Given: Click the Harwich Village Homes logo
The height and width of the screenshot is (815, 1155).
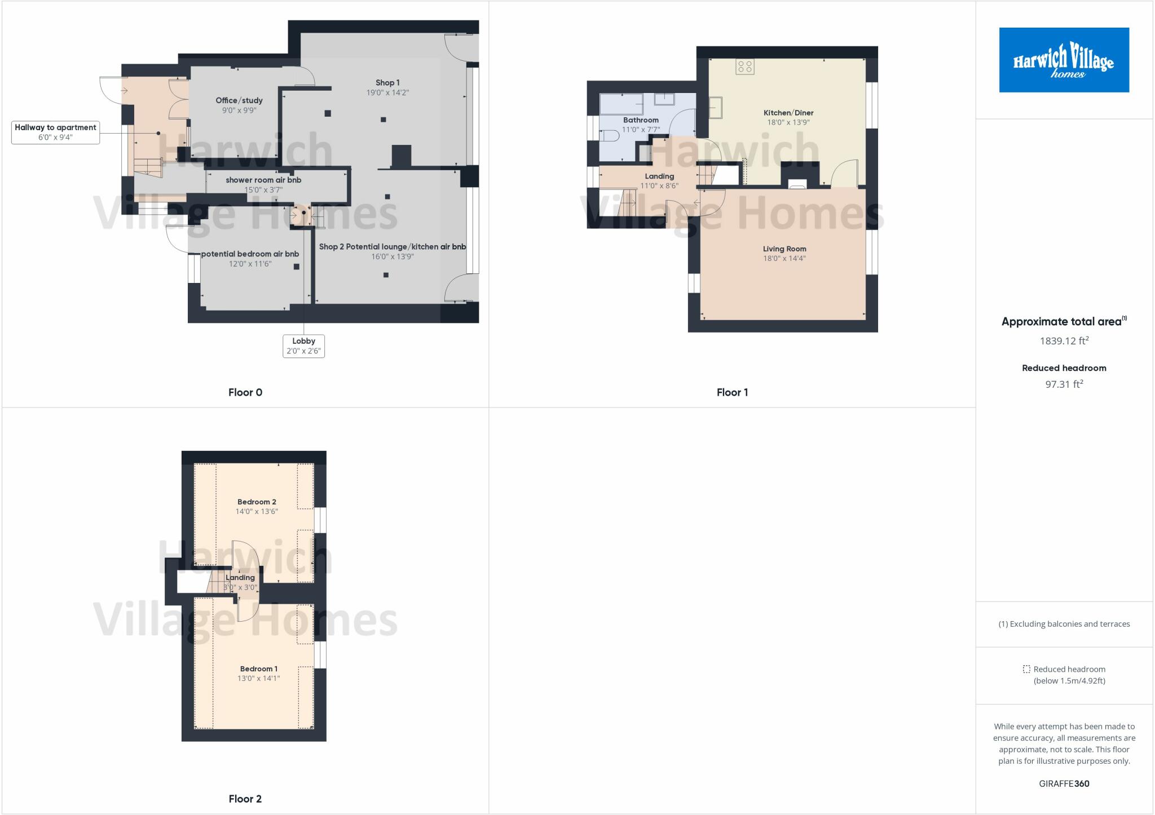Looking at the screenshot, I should (x=1064, y=60).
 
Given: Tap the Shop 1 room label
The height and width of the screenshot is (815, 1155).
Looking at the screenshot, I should (x=387, y=83).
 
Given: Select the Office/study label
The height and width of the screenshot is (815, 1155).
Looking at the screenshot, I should (x=239, y=100).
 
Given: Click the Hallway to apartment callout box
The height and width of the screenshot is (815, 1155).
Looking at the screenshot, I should (x=55, y=132).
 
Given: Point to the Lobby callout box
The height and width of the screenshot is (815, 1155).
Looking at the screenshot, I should (x=303, y=346).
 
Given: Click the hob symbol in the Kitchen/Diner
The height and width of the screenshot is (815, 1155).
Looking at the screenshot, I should (x=744, y=67).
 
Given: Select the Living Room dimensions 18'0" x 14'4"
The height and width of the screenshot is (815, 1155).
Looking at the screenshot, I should (x=784, y=259).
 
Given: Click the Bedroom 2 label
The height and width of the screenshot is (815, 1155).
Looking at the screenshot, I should (x=257, y=502).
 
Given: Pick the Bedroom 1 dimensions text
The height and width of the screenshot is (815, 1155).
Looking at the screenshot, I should (x=258, y=679).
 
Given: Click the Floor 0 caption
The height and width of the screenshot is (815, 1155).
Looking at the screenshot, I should (x=245, y=392).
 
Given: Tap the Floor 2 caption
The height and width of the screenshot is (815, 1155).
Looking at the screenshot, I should (x=245, y=799).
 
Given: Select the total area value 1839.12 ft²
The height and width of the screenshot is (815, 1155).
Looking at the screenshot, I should (x=1064, y=341).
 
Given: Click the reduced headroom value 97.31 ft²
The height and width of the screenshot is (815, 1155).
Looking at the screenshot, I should (x=1064, y=384).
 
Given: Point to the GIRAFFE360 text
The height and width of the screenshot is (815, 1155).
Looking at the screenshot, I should (x=1064, y=783).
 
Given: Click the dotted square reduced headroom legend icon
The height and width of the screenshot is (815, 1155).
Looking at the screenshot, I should (x=1026, y=670).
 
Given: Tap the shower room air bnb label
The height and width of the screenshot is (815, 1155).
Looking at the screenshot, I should (x=263, y=180).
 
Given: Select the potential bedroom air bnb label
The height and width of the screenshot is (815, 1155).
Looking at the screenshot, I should (x=250, y=254).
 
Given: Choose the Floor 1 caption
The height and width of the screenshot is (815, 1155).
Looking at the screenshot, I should (x=732, y=392).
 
